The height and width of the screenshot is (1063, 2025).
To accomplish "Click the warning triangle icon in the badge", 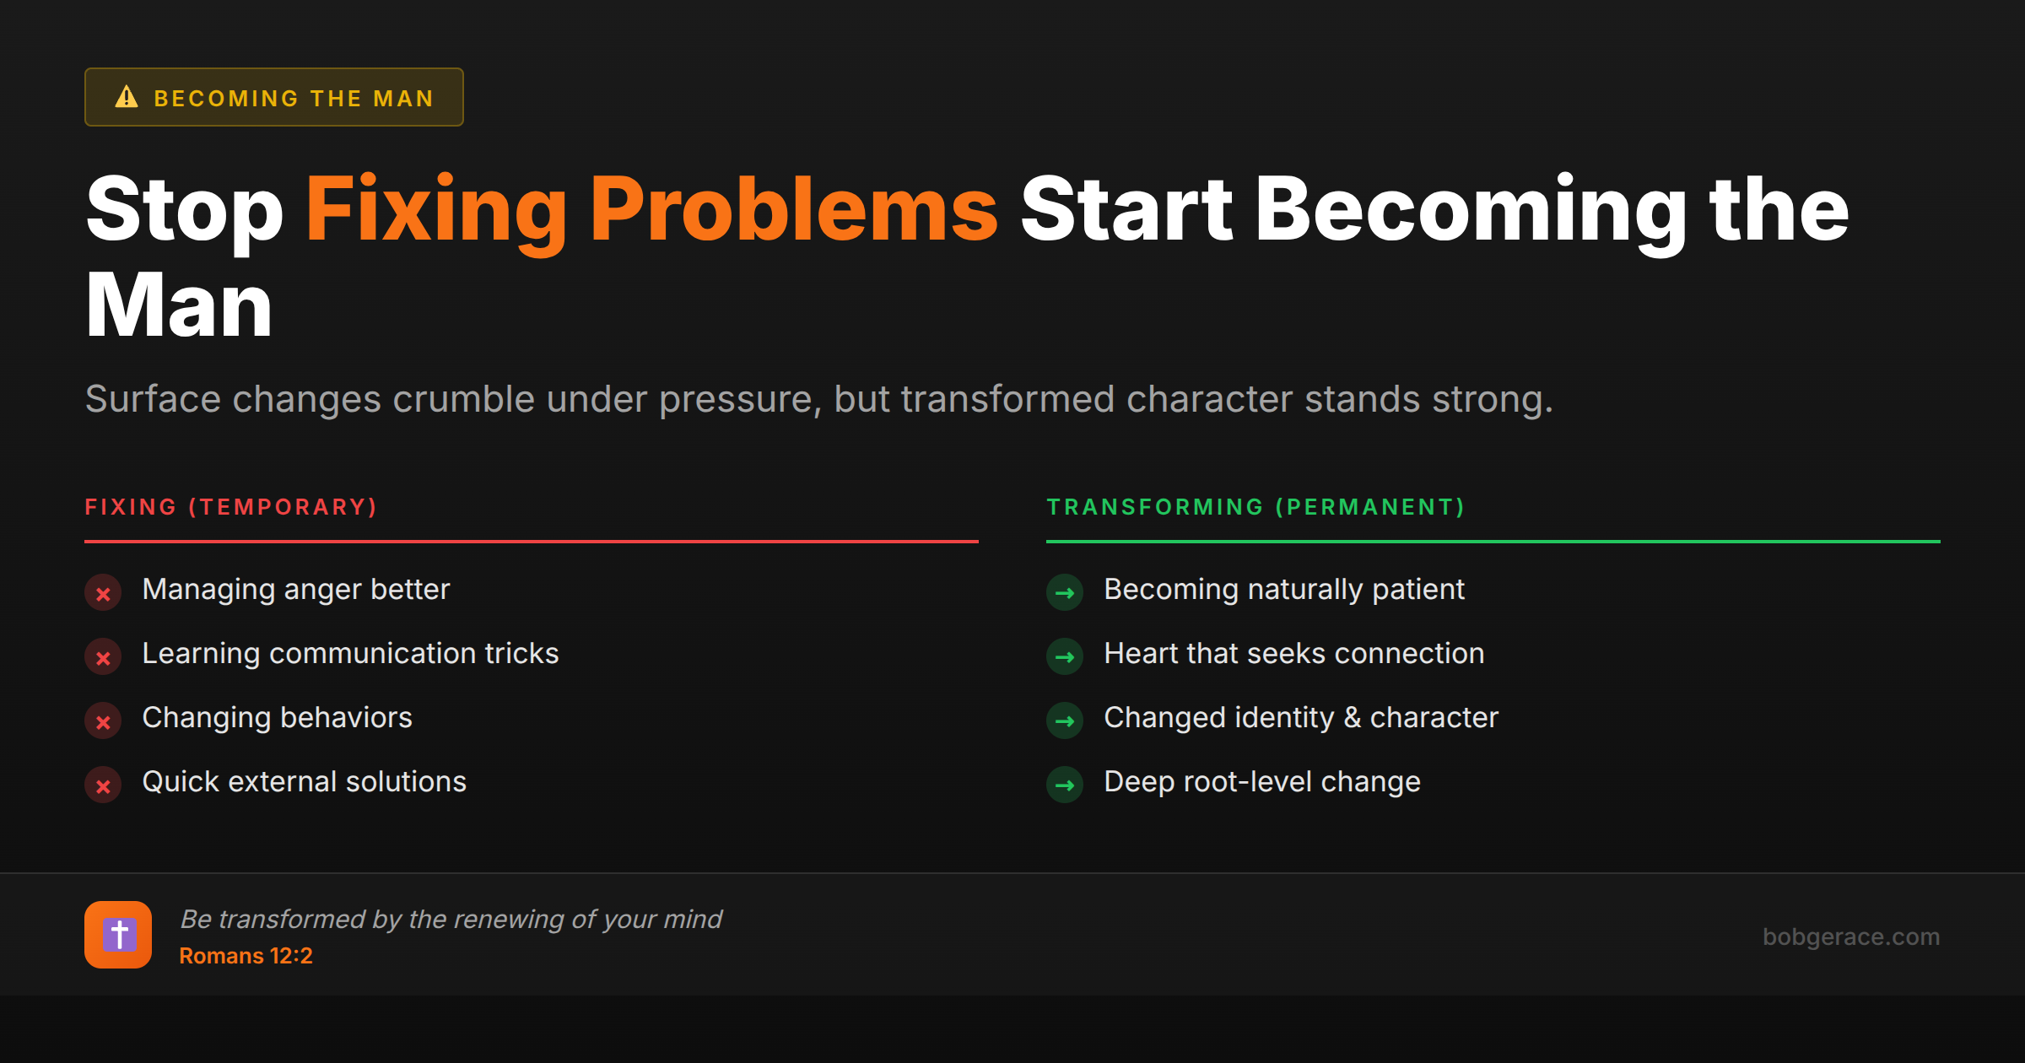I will (127, 97).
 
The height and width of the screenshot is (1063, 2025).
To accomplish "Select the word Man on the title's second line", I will (179, 305).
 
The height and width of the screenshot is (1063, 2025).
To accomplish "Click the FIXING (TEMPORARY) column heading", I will (231, 507).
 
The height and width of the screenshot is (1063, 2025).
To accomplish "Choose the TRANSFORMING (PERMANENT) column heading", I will (1255, 507).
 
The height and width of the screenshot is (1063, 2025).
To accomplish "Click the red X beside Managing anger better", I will (103, 593).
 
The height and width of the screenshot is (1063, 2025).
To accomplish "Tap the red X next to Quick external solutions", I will (103, 785).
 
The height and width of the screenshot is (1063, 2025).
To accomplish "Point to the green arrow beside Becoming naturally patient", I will (1065, 593).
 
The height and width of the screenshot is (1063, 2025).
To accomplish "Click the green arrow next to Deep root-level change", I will (1065, 785).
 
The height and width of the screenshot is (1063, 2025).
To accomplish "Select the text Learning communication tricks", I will (350, 654).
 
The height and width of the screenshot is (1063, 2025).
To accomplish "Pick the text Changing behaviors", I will (277, 718).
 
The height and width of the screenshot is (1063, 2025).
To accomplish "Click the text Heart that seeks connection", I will (1293, 654).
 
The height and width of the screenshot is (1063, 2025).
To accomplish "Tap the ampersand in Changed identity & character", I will (1352, 718).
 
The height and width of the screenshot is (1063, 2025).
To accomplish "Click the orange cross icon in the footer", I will (118, 935).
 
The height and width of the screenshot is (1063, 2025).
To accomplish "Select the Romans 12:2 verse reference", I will (246, 956).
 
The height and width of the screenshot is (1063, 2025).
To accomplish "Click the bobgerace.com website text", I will (1850, 936).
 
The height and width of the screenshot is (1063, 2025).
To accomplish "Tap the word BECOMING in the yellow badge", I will (226, 99).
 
